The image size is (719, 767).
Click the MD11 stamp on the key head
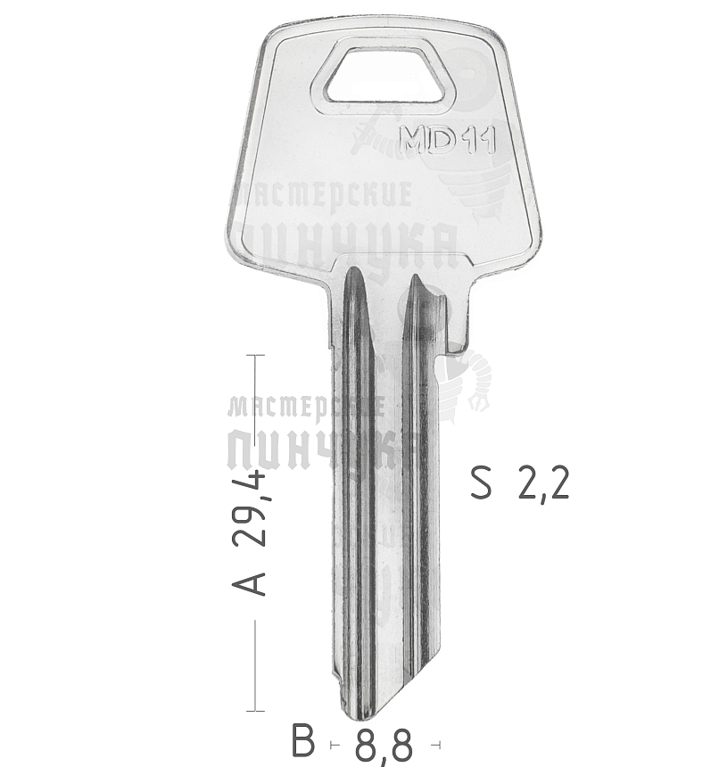point(448,140)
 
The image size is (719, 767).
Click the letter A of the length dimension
point(249,583)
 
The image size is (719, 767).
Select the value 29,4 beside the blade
point(250,508)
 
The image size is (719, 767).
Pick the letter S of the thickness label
point(481,482)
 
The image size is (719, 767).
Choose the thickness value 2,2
point(543,483)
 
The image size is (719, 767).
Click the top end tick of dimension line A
point(255,355)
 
